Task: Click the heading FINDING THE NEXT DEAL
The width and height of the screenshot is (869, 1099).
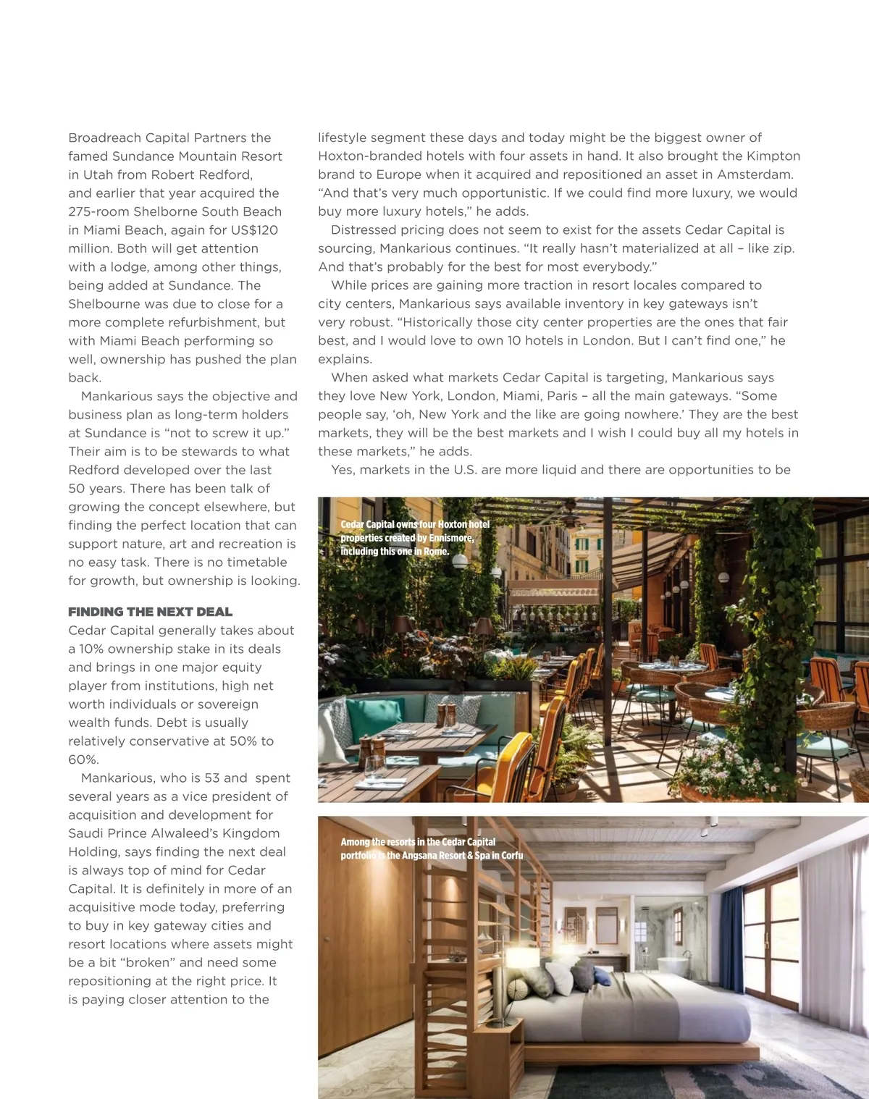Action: [x=150, y=612]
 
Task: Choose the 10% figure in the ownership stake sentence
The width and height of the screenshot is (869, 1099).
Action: [x=91, y=649]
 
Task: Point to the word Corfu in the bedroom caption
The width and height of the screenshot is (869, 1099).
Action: [x=512, y=855]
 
